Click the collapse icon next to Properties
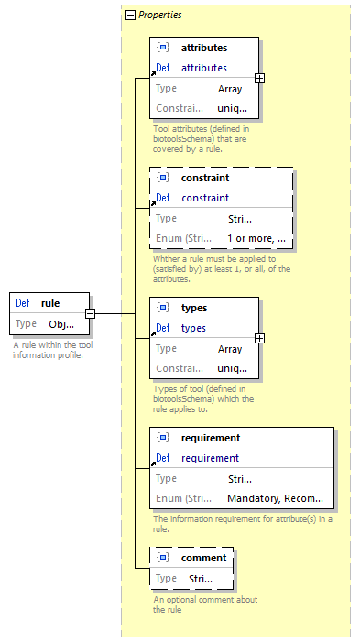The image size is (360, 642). [x=130, y=15]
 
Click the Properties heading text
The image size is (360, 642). [x=160, y=15]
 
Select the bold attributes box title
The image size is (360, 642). [x=204, y=47]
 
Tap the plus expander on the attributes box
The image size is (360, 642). [x=259, y=78]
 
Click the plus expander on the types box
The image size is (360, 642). [x=259, y=338]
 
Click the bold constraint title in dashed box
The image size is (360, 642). [x=205, y=177]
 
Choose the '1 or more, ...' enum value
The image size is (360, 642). [x=256, y=239]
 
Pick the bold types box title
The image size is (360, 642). [x=194, y=308]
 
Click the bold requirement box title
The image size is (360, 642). [x=211, y=438]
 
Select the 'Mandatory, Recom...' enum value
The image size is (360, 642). [x=275, y=499]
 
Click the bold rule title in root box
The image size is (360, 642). [x=50, y=303]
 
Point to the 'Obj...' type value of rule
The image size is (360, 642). [x=61, y=324]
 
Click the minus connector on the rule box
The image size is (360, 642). [x=90, y=314]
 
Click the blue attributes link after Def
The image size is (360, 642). [x=204, y=68]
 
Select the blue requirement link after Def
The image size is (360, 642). [x=211, y=458]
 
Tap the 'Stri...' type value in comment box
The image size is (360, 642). [x=201, y=579]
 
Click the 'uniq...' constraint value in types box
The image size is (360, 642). [x=232, y=369]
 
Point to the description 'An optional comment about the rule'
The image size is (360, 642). [x=205, y=604]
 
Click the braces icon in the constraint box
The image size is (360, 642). [x=164, y=177]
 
